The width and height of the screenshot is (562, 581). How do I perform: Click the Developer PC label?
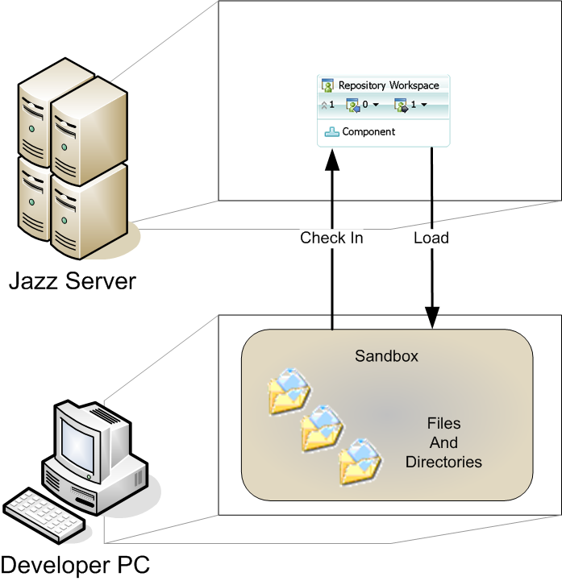click(x=75, y=562)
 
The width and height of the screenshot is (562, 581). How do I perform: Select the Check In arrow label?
click(x=331, y=238)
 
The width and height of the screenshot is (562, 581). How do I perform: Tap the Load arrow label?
click(x=431, y=238)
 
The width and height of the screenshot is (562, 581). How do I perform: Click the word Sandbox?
click(x=387, y=355)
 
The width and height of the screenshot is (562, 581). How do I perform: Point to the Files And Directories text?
click(x=443, y=442)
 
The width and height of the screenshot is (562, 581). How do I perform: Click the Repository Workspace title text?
click(x=389, y=85)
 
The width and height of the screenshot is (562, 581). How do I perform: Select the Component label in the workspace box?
click(x=368, y=131)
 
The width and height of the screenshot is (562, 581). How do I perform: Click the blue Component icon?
click(x=331, y=131)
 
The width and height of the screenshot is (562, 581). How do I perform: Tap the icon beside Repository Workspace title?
click(x=328, y=85)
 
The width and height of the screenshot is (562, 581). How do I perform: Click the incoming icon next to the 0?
click(x=352, y=105)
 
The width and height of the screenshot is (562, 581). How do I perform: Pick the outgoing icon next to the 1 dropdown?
click(x=401, y=105)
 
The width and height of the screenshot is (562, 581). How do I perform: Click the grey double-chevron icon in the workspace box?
click(x=324, y=106)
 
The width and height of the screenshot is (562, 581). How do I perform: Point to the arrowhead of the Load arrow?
click(x=431, y=319)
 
